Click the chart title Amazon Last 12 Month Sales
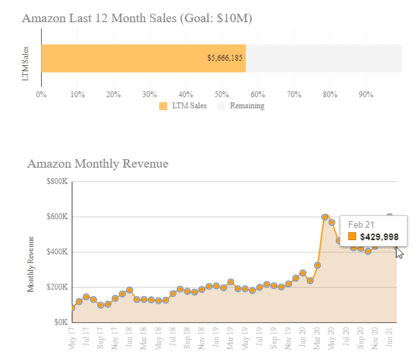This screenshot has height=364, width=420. pos(137,18)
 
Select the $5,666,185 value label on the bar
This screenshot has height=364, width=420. pos(225,58)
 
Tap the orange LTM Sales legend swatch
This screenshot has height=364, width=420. pos(163,106)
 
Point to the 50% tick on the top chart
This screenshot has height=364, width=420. pos(222,95)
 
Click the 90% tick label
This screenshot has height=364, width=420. pos(366,95)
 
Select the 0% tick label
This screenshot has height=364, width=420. pos(41,95)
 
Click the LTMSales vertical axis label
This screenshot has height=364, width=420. pos(25,64)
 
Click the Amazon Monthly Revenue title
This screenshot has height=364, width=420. pos(98,163)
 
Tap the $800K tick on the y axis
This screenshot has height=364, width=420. pos(58,181)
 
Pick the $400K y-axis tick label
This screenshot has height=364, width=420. pos(58,252)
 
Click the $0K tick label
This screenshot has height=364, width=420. pos(61,322)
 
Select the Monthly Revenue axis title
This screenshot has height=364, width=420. pos(31,260)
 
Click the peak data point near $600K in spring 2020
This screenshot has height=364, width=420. pos(325,217)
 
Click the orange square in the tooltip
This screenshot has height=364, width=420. pos(352,237)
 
